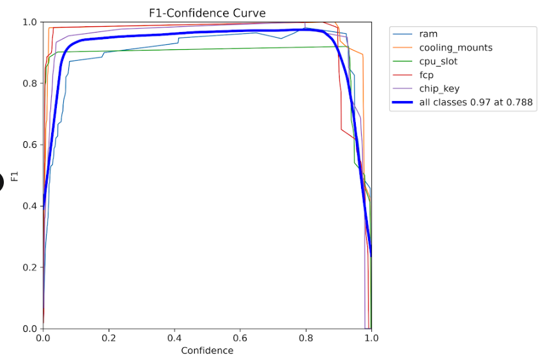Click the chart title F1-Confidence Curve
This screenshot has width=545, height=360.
click(x=206, y=13)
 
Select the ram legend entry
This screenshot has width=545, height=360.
click(x=428, y=34)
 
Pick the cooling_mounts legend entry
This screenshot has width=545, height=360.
click(x=456, y=47)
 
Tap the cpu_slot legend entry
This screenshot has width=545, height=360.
click(x=438, y=61)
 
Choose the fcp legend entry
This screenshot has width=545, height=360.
click(x=426, y=75)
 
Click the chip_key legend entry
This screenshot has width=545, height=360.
click(x=440, y=88)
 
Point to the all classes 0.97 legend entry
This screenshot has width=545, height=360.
click(x=475, y=102)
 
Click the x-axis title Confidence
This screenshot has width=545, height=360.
click(x=207, y=350)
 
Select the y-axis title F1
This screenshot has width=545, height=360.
click(x=15, y=175)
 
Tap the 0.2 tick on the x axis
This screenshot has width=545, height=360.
click(x=109, y=338)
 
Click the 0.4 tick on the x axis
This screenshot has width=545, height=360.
click(x=174, y=338)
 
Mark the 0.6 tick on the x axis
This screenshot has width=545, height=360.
click(x=240, y=338)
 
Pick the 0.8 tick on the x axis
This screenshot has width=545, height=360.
click(x=305, y=338)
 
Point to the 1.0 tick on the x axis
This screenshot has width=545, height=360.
click(x=371, y=338)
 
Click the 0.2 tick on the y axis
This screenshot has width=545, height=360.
click(x=29, y=267)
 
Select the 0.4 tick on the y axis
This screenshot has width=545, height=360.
click(x=29, y=206)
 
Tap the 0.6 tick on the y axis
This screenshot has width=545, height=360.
click(x=29, y=145)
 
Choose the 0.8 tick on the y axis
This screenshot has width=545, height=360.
click(x=29, y=83)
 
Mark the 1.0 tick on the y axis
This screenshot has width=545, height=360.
click(x=29, y=22)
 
